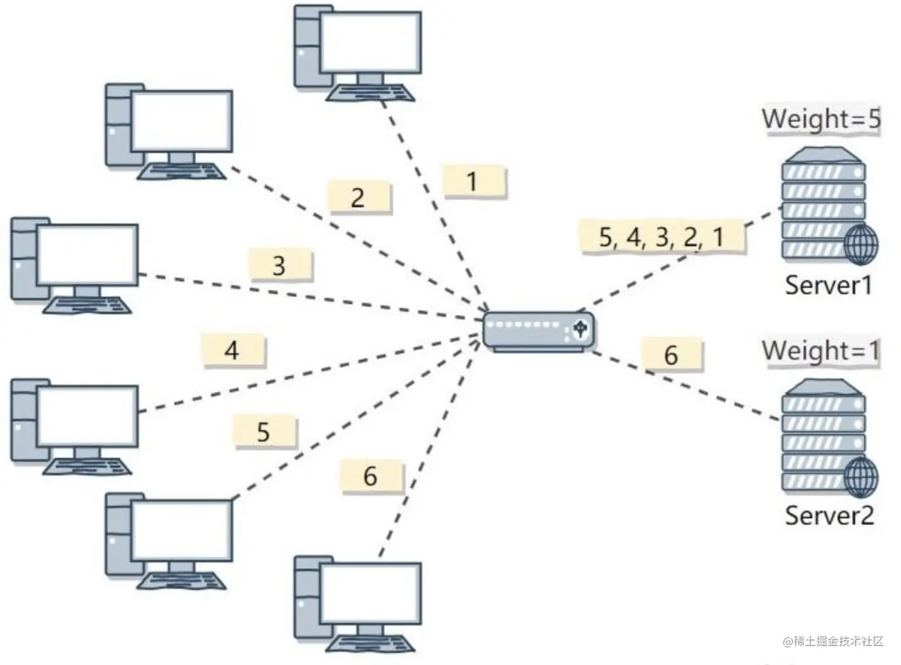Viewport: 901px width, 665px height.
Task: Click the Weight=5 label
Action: (820, 119)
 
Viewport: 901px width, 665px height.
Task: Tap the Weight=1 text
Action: (820, 351)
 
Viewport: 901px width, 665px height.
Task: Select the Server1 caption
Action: (828, 286)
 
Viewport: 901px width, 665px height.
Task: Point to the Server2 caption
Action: (829, 516)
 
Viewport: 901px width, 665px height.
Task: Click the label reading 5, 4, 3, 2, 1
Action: (662, 237)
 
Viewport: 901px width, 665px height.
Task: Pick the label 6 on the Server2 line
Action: (671, 356)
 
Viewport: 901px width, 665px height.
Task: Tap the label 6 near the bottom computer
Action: (371, 476)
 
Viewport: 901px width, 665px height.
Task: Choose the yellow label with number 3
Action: (279, 266)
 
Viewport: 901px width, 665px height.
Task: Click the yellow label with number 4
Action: (232, 350)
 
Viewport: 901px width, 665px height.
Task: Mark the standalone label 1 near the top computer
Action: (473, 182)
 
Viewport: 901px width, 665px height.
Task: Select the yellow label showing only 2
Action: (358, 198)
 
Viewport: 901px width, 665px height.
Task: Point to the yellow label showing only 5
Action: (264, 432)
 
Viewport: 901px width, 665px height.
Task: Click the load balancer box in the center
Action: (538, 331)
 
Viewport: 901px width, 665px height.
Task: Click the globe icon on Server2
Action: (860, 477)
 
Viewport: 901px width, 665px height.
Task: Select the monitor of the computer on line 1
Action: (370, 42)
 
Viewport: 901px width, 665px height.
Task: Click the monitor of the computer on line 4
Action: (87, 415)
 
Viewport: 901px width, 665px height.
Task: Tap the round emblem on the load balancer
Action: (581, 329)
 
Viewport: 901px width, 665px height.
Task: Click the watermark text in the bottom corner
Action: (833, 642)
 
